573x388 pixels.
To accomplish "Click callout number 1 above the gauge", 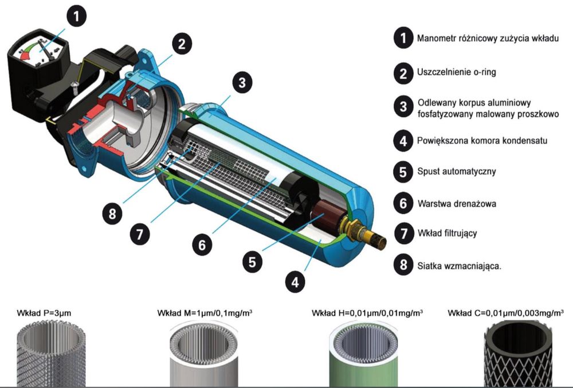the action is [76, 17].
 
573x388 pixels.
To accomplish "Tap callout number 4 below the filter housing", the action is [295, 282].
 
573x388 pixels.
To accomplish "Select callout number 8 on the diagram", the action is [112, 213].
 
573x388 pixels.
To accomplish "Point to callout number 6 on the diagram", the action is [202, 245].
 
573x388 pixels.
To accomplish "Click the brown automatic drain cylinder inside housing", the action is [323, 215].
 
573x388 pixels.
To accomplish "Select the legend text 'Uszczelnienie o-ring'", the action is [457, 72].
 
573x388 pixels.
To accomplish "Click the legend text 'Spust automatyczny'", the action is [457, 171].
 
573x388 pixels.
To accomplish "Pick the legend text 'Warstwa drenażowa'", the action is [457, 204].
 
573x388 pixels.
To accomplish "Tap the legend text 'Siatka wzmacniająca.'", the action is [460, 266].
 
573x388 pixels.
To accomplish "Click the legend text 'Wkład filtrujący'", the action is [448, 233].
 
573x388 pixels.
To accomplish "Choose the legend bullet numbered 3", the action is [403, 107].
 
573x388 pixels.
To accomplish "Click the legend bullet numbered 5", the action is [403, 172].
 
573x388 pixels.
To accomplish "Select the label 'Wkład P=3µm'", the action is [44, 313].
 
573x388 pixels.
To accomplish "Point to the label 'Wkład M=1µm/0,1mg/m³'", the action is [205, 313].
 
